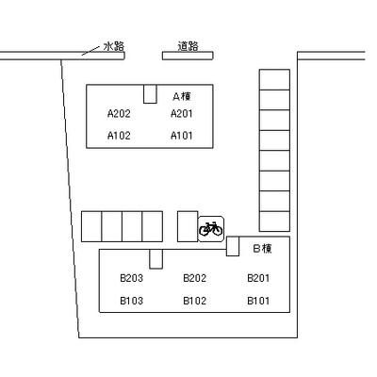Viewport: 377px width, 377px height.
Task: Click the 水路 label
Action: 114,46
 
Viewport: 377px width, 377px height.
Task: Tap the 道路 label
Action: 188,46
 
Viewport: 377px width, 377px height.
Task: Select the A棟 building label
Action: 182,96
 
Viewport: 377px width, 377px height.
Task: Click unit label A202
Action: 119,113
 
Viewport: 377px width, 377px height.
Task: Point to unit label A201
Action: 182,113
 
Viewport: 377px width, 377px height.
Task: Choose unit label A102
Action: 119,136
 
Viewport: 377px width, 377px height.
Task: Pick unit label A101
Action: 182,136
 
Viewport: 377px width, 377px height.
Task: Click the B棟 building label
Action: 263,249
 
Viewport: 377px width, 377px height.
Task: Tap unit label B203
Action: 132,278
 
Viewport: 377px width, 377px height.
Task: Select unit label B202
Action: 195,278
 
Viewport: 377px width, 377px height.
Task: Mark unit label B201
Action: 258,278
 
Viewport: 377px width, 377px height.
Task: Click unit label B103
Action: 132,301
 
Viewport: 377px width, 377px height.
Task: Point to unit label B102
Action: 195,301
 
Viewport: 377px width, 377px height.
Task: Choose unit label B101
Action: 258,301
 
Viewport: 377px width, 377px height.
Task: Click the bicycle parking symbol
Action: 211,229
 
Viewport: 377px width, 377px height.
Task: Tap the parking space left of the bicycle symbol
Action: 188,226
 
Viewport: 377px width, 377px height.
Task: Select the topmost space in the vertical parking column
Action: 274,79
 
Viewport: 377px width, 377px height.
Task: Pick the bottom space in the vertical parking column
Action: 274,221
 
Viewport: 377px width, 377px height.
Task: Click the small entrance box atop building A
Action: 150,93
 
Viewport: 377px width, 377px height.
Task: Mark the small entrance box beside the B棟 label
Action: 233,246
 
